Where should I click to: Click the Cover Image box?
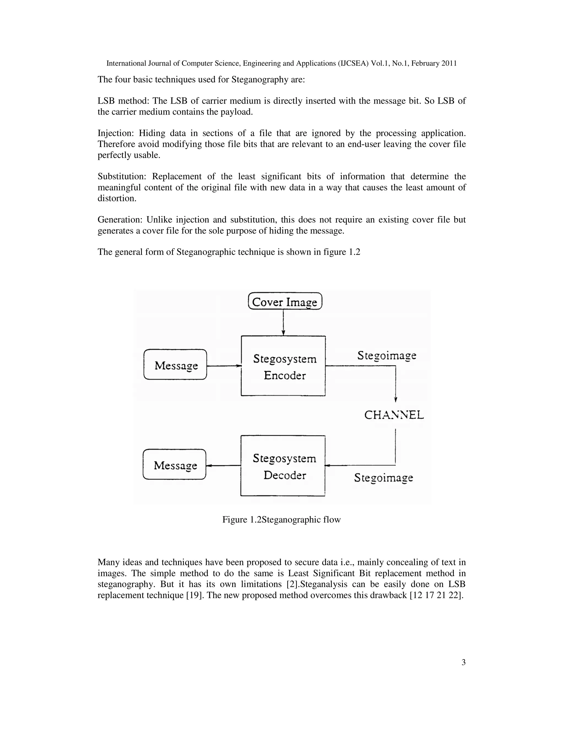pos(285,301)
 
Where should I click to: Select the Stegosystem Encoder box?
pos(283,366)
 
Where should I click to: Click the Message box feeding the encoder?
pos(175,365)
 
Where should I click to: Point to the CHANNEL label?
pos(394,415)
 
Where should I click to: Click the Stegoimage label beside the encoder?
pos(387,355)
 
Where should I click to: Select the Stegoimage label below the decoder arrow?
pos(384,478)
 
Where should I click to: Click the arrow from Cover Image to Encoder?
pos(283,323)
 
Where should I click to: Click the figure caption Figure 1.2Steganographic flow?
pos(281,520)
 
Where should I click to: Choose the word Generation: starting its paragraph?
pos(120,220)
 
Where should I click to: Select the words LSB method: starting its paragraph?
pos(123,101)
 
